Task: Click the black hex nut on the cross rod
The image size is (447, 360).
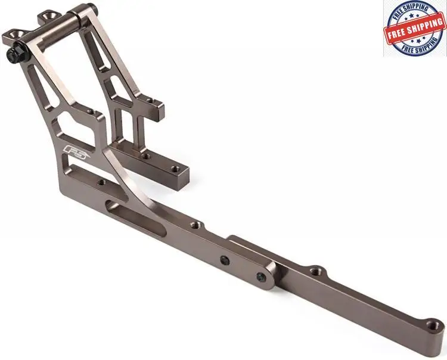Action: [x=15, y=53]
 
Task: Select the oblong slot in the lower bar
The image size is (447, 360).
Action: [x=135, y=218]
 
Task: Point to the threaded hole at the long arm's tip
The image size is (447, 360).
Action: [x=434, y=324]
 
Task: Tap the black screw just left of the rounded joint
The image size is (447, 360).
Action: [x=225, y=259]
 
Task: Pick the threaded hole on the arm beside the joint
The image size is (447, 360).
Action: [x=315, y=269]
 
